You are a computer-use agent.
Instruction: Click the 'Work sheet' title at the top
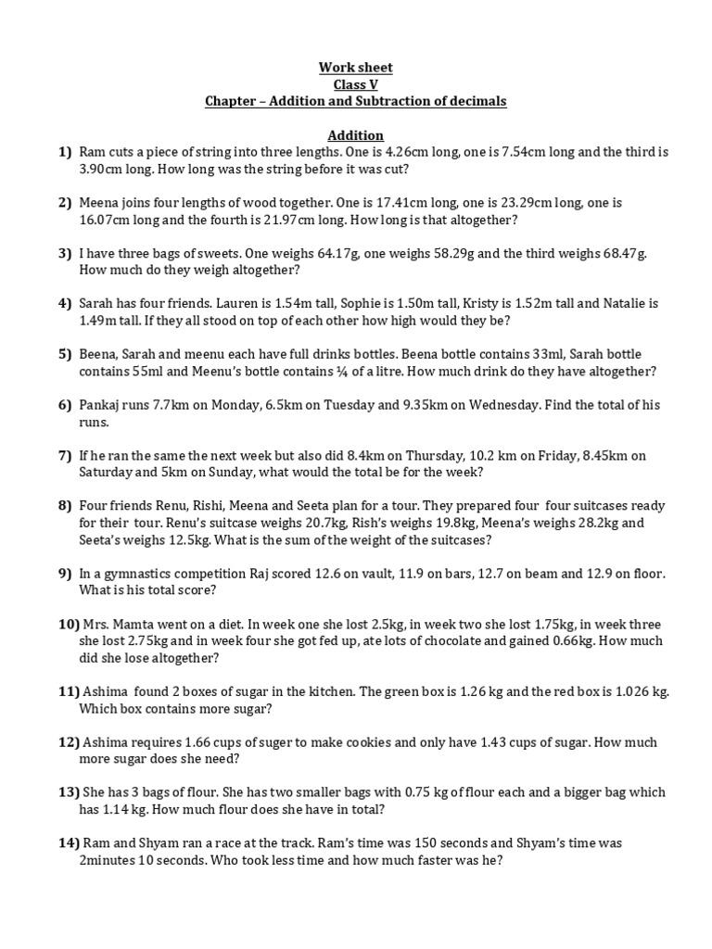(356, 68)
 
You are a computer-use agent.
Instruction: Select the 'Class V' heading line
(356, 84)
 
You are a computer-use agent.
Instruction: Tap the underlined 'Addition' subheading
(356, 135)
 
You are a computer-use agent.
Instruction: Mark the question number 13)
(69, 792)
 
